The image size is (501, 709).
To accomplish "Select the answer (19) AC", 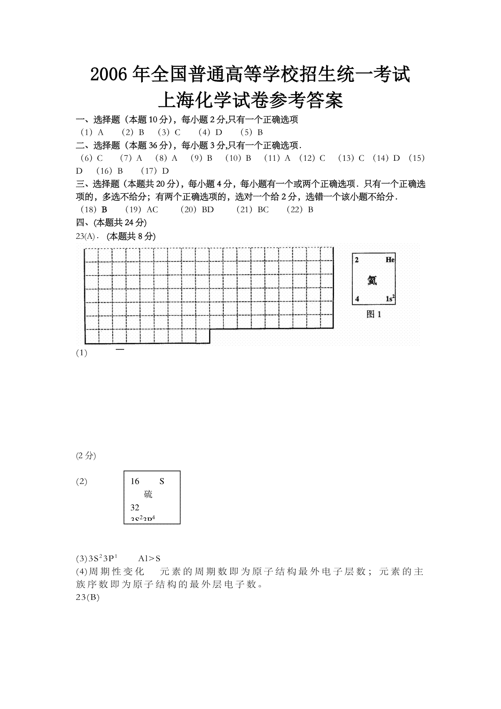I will click(142, 210).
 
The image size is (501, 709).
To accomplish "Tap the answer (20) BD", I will click(197, 210).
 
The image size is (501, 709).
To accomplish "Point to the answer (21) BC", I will click(253, 210).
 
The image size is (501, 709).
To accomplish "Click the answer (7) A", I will click(131, 158).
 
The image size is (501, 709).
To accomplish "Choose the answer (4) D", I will click(210, 132).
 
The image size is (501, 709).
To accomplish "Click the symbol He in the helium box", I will click(390, 260).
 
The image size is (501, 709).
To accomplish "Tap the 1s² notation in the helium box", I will click(390, 299).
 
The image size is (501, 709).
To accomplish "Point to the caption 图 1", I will click(374, 314).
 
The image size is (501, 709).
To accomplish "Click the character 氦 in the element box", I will click(372, 280).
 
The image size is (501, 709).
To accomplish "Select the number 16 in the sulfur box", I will click(135, 481).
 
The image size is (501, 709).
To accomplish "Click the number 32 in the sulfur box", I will click(135, 507).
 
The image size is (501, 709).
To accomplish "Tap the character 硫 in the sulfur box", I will click(148, 494).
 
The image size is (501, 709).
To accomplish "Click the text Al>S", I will click(149, 558).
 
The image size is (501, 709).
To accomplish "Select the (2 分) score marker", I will click(86, 456).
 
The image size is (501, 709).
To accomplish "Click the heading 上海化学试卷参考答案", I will click(250, 100).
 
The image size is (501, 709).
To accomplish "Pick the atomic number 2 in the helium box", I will click(357, 260).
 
